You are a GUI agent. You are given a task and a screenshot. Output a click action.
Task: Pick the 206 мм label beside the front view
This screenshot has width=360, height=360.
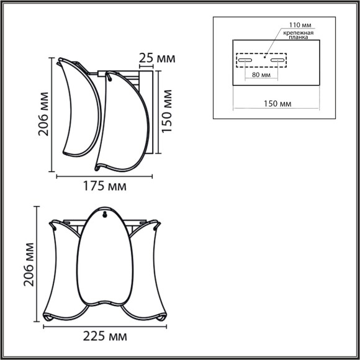(28, 263)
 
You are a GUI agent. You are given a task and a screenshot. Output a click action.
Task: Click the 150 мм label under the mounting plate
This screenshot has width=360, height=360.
(277, 104)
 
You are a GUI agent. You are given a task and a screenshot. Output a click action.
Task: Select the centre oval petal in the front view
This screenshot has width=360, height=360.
(105, 261)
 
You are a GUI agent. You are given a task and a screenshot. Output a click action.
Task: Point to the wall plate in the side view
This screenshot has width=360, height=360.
(148, 112)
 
